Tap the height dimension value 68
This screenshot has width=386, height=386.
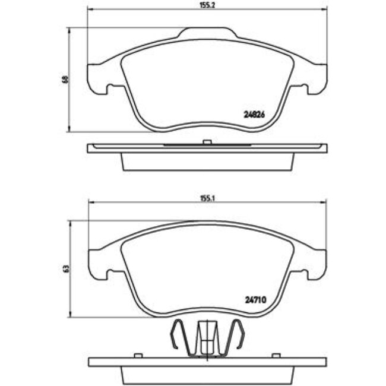click(x=65, y=79)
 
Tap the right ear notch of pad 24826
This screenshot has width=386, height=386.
click(x=306, y=91)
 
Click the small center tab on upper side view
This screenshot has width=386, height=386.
click(x=206, y=141)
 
